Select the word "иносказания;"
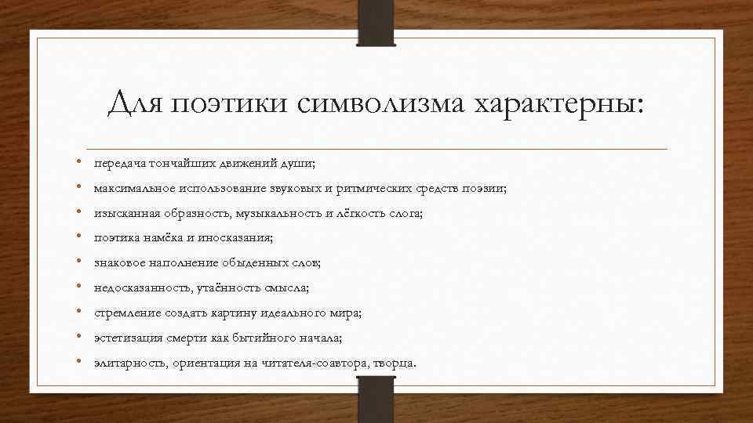(238, 238)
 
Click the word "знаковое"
(118, 263)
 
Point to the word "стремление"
(127, 313)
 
